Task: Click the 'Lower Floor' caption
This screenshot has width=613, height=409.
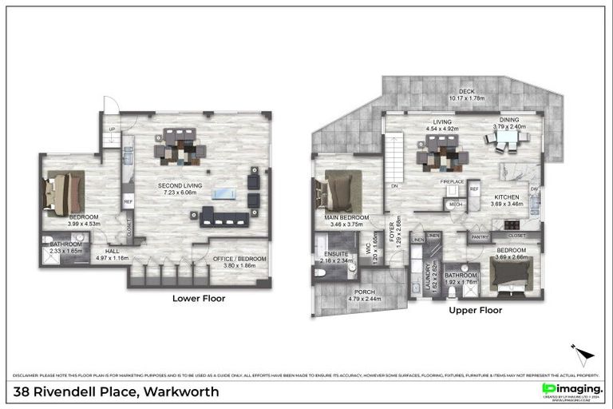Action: [x=199, y=298]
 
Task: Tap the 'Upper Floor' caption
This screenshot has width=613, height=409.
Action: [x=475, y=310]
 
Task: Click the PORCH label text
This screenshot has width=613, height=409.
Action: [x=365, y=291]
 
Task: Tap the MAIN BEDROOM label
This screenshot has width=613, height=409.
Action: [x=346, y=217]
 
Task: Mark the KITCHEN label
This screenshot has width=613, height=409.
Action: [x=507, y=197]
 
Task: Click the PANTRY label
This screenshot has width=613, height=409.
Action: [x=480, y=236]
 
